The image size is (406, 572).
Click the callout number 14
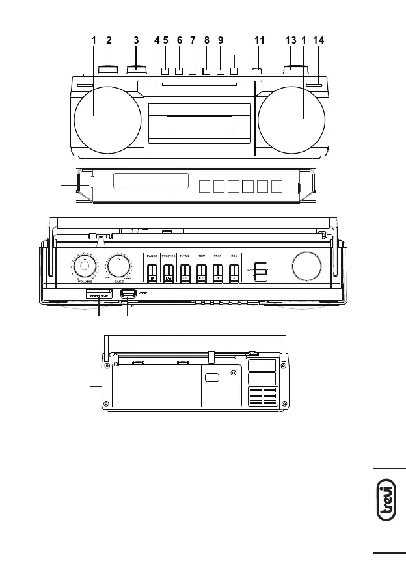(x=318, y=40)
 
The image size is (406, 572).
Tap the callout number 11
(x=260, y=40)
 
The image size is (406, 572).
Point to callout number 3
(x=136, y=40)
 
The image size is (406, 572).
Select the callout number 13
(x=291, y=40)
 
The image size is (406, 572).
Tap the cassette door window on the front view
(x=199, y=127)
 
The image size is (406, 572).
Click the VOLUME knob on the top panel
(x=84, y=266)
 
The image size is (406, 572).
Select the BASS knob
(x=118, y=266)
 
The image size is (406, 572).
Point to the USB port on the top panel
(x=128, y=293)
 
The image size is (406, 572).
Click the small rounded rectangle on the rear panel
(x=212, y=377)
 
